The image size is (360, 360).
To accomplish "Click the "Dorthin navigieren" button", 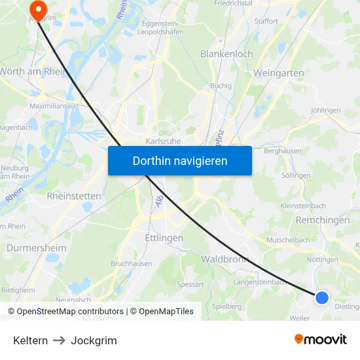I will [180, 160].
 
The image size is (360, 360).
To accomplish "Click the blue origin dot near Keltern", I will [321, 298].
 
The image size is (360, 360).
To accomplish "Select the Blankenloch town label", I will [226, 54].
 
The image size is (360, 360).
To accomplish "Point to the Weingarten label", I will [281, 72].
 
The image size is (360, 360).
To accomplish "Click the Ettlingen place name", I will [164, 238].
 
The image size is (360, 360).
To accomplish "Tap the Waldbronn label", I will [225, 259].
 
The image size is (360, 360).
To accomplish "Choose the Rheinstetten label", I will [74, 196].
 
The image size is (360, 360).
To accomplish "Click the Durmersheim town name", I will [36, 248].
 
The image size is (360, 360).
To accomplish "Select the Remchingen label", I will [323, 221].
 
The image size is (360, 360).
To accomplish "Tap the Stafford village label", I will [266, 21].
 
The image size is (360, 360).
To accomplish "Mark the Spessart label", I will [190, 285].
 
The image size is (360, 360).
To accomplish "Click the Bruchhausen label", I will [131, 264].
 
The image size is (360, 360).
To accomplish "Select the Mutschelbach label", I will [288, 240].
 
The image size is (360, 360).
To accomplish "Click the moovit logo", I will [321, 340].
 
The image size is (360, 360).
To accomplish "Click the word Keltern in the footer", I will [30, 340].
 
